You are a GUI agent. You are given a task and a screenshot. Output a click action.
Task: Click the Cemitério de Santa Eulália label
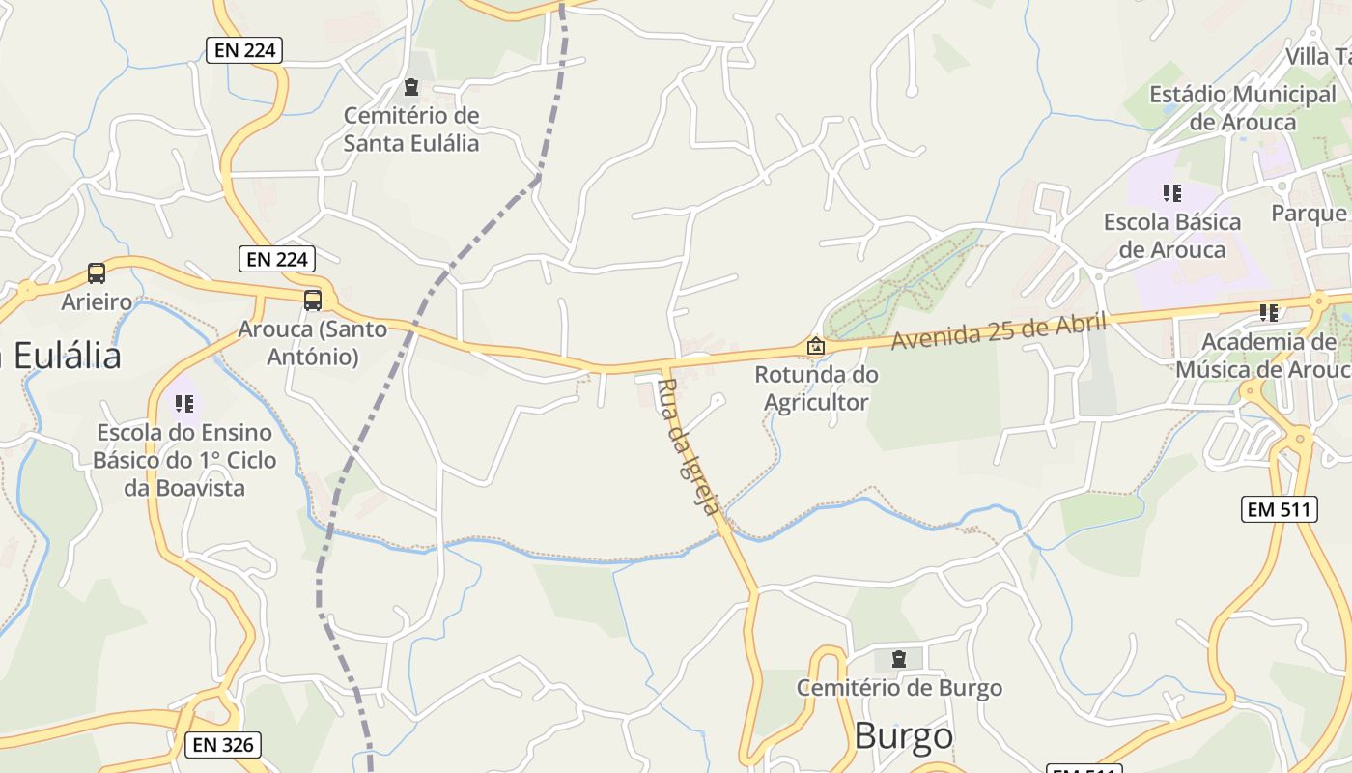click(x=411, y=129)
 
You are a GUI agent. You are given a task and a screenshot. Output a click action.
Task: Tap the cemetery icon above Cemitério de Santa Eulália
click(x=411, y=88)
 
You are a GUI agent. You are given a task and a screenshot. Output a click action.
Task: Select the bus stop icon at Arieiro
click(x=97, y=273)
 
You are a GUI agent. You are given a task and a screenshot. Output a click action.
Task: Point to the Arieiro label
click(x=97, y=302)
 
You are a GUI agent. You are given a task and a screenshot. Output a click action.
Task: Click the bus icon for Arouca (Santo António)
click(x=313, y=300)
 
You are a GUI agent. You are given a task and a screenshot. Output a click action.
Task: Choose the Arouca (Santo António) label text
click(x=313, y=343)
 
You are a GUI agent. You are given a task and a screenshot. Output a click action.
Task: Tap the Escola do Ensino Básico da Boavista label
click(x=184, y=460)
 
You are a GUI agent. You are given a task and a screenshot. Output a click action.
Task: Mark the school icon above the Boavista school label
click(x=184, y=404)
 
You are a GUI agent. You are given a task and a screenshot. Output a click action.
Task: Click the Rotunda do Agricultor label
click(x=816, y=388)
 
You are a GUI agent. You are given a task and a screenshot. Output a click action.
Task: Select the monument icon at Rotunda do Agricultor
click(x=816, y=346)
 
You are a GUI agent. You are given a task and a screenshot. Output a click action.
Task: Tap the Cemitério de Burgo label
click(x=899, y=688)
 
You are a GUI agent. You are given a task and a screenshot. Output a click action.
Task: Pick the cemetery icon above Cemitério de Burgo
click(x=899, y=659)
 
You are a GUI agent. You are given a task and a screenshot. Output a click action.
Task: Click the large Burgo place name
click(x=904, y=736)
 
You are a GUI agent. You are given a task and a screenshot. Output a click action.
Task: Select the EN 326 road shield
click(x=223, y=744)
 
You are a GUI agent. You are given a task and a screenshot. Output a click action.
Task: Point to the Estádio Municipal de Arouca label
click(x=1242, y=108)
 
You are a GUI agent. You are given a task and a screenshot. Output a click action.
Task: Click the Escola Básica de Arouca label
click(x=1172, y=236)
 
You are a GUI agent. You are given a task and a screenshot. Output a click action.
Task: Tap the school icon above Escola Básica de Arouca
click(x=1172, y=193)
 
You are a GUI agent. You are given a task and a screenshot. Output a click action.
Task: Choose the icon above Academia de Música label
click(x=1269, y=312)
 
